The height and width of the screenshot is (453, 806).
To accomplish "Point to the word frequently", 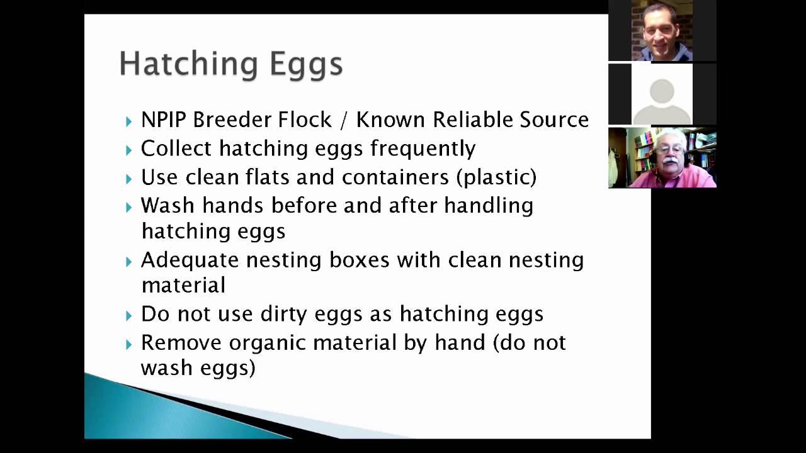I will coord(423,148).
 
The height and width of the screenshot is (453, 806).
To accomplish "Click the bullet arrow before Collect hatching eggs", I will coord(129,150).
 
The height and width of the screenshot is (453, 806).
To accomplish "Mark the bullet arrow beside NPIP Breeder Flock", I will coord(129,121).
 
